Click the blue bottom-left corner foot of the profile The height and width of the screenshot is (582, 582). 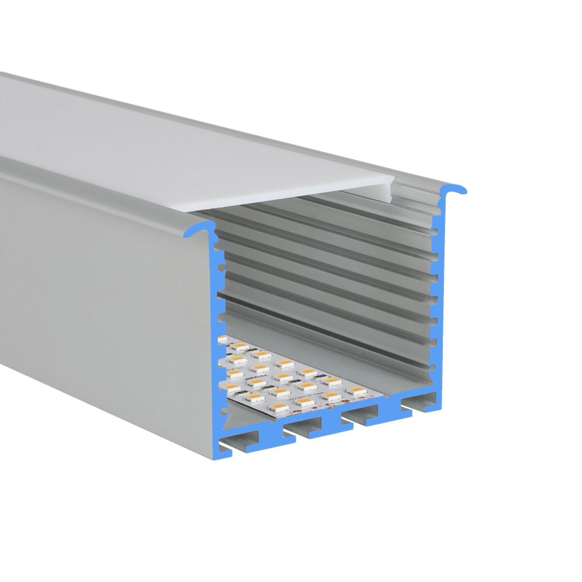225,452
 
